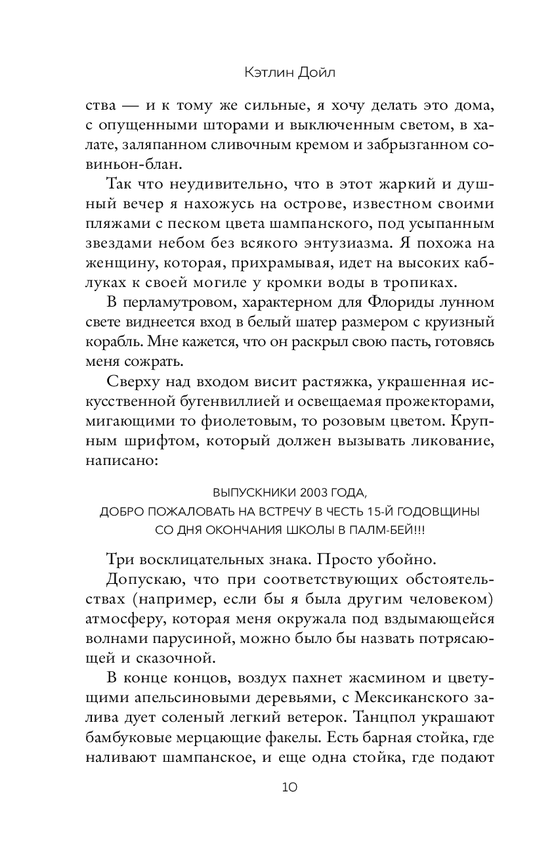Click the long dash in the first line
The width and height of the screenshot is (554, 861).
[x=139, y=106]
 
